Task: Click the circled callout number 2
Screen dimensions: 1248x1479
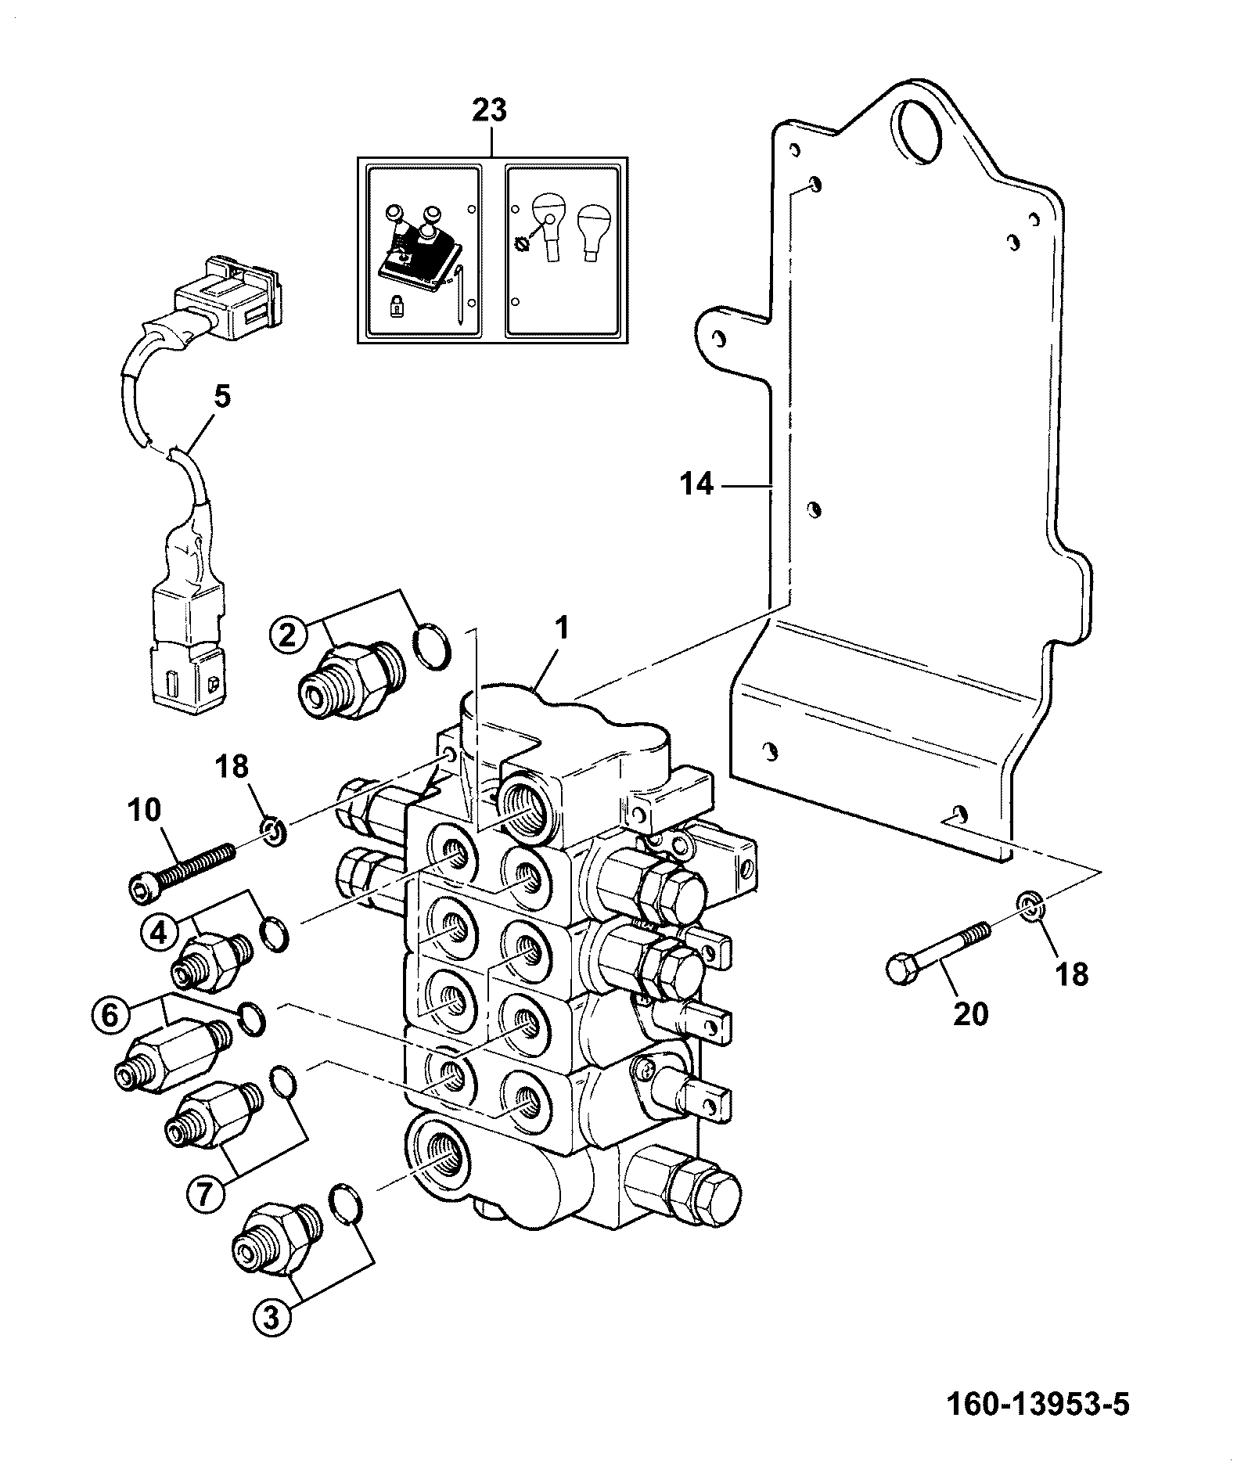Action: tap(287, 634)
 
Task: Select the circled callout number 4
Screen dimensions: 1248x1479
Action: tap(159, 934)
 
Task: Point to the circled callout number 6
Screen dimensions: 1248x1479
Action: tap(109, 1016)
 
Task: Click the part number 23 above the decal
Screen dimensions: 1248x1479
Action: tap(491, 110)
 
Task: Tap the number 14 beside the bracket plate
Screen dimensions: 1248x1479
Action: tap(697, 485)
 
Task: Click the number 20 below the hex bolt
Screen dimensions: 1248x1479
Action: tap(970, 1014)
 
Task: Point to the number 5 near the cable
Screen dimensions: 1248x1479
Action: tap(222, 397)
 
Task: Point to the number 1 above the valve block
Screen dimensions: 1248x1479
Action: tap(562, 628)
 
